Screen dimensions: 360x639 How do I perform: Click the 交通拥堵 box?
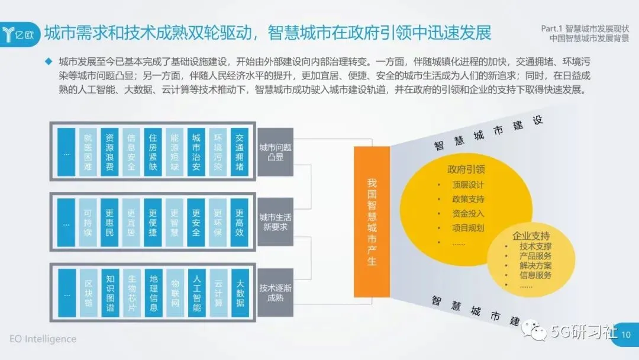tap(240, 151)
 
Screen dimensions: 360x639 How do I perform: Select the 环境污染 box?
tap(218, 151)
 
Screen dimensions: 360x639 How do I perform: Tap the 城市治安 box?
tap(196, 151)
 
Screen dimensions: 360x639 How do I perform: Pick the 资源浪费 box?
tap(109, 151)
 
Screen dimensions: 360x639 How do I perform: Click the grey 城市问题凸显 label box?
tap(275, 152)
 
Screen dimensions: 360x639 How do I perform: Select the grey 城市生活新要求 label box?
tap(275, 222)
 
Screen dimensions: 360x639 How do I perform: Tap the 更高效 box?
tap(240, 222)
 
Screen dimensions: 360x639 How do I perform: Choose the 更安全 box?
tap(196, 222)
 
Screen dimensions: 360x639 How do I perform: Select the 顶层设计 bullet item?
tap(468, 184)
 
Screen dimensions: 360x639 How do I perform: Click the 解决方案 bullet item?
tap(535, 265)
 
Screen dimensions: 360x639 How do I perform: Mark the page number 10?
tap(627, 335)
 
